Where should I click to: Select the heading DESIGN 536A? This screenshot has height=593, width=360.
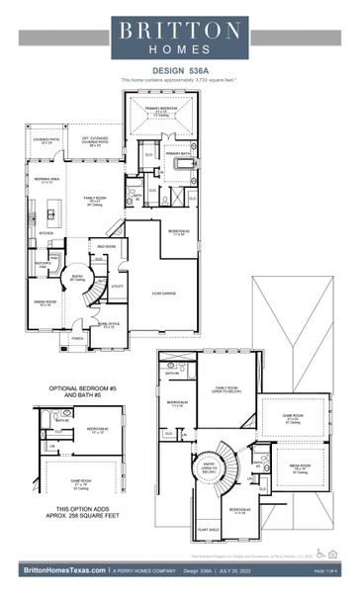click(x=179, y=71)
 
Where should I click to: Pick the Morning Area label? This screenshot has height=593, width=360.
click(x=46, y=179)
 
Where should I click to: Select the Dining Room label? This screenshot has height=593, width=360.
click(x=45, y=302)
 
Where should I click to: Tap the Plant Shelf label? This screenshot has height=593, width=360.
click(x=210, y=531)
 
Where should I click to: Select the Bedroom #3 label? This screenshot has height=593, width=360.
click(x=239, y=510)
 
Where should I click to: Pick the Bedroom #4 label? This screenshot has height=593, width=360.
click(x=178, y=403)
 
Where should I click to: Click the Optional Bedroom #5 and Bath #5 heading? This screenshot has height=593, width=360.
click(x=69, y=393)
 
